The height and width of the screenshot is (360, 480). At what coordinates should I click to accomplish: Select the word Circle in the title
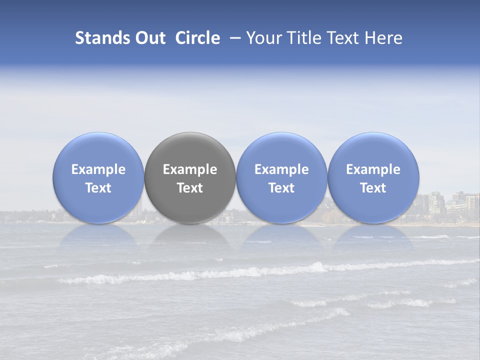(x=197, y=38)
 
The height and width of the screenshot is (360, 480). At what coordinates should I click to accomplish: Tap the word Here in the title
(x=384, y=38)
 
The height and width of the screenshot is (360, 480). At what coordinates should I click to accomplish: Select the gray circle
(x=190, y=150)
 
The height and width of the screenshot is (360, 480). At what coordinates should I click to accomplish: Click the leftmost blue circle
(x=98, y=150)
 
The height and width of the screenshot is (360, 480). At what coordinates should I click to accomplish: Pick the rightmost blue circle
(x=373, y=150)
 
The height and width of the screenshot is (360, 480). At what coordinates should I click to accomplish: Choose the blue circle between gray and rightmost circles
(x=281, y=150)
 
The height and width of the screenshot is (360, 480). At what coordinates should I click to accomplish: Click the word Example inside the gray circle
(x=190, y=169)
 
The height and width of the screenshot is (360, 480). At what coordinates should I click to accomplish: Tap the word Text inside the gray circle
(x=190, y=188)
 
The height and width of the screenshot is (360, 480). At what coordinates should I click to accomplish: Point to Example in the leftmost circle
(x=98, y=169)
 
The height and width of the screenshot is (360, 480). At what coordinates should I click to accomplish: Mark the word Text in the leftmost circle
(x=98, y=188)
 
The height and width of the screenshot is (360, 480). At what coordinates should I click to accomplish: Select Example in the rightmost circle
(x=373, y=169)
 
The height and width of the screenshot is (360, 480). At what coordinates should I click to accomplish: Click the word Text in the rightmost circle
(x=373, y=188)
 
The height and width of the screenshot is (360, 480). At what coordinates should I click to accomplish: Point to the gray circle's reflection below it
(x=190, y=235)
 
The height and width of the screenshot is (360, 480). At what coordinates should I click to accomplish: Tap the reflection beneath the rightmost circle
(x=373, y=235)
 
